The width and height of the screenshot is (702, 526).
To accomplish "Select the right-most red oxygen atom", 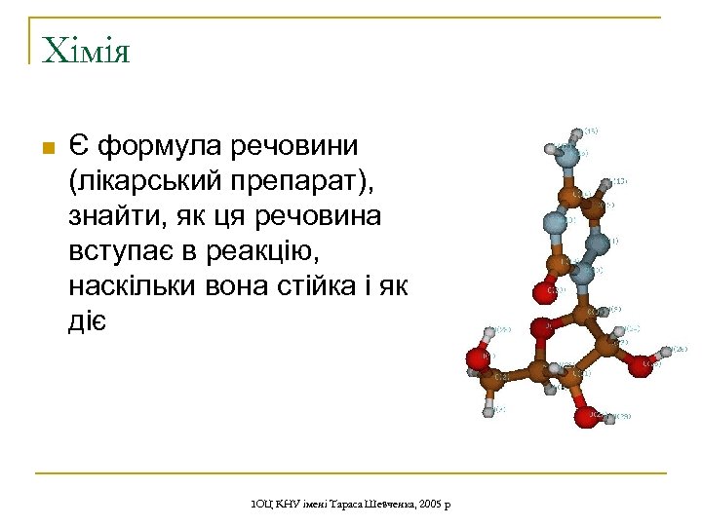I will pos(640,364).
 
